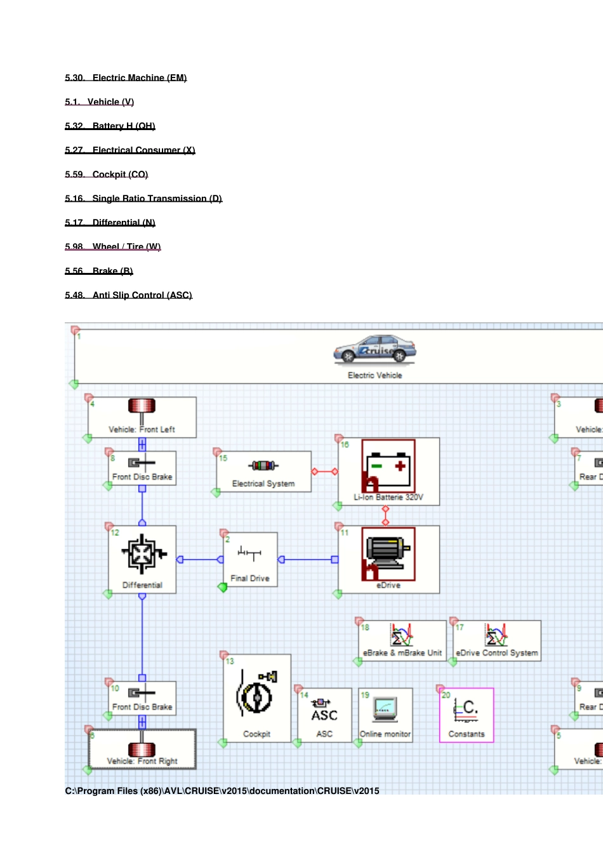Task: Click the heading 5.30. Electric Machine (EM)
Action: pos(126,78)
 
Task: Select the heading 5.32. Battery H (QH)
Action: pos(110,126)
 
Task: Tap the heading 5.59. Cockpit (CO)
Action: pos(107,175)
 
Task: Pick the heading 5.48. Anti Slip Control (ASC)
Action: pos(128,295)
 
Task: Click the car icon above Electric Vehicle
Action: pos(374,350)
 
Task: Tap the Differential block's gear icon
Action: pos(143,553)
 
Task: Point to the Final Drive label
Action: pos(250,578)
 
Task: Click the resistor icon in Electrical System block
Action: pos(263,466)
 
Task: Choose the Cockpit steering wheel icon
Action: pos(257,696)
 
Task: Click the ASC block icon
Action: pos(324,711)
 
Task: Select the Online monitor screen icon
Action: pos(385,709)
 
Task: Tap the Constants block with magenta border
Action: pos(467,715)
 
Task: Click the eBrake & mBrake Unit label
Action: pos(402,652)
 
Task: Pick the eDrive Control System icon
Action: pos(496,635)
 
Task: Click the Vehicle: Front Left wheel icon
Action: pos(142,406)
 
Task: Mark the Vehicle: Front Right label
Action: pos(142,761)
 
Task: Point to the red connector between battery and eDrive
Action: pos(385,516)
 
